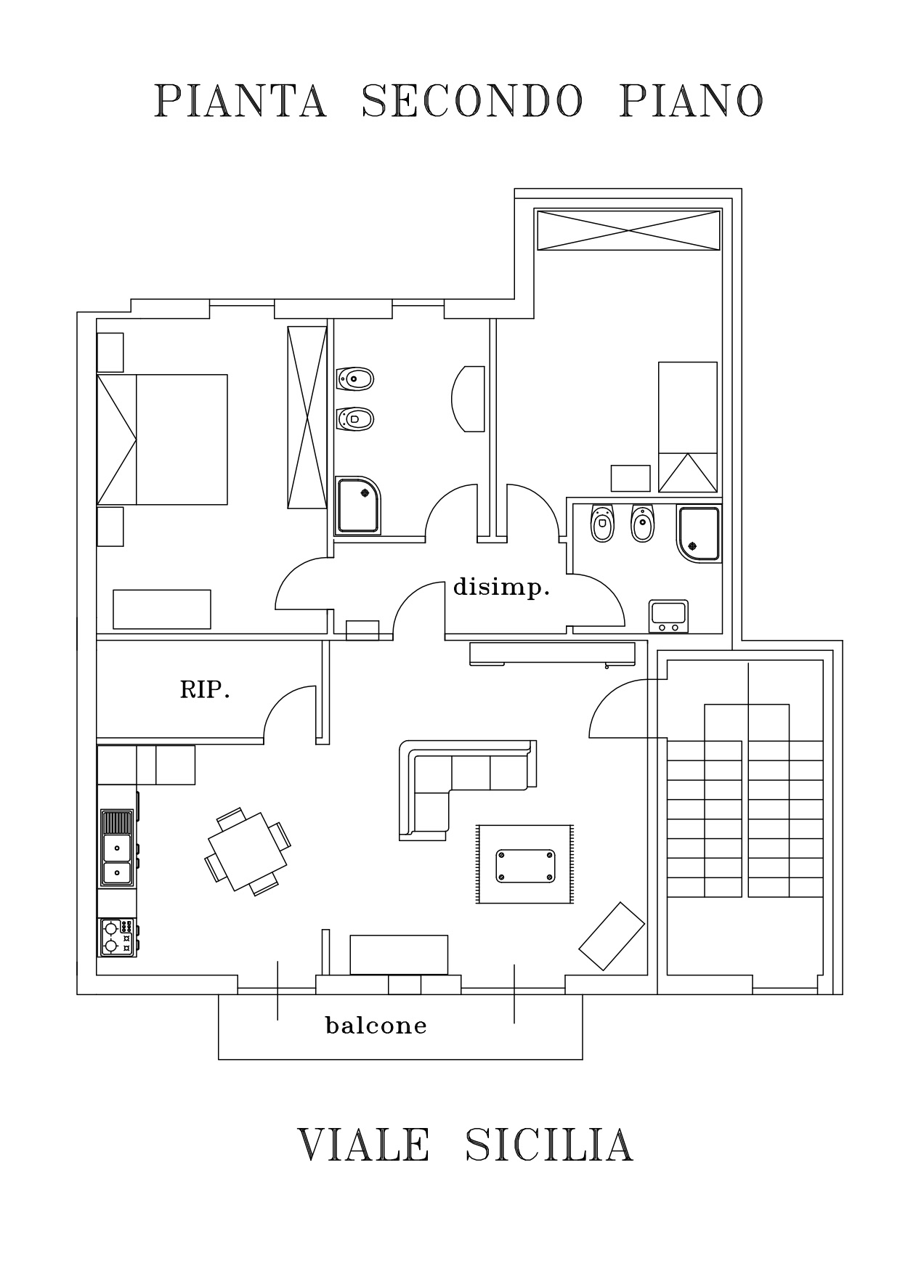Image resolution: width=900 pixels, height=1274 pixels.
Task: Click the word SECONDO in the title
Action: click(471, 100)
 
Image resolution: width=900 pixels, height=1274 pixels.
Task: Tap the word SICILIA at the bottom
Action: click(548, 1145)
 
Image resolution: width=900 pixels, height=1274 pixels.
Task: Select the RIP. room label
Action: click(205, 690)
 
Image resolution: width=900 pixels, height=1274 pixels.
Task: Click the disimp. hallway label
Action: click(501, 588)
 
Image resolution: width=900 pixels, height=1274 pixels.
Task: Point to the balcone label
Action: click(376, 1026)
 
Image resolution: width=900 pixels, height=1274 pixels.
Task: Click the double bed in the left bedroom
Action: click(162, 439)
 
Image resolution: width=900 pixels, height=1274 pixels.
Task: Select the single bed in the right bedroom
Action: click(687, 427)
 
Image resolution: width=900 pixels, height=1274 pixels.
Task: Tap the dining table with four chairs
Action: click(248, 851)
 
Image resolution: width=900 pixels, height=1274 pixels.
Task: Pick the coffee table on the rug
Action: click(525, 865)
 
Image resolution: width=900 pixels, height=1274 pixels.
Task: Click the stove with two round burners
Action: click(117, 938)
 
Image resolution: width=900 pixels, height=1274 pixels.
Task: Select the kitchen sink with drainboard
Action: click(117, 848)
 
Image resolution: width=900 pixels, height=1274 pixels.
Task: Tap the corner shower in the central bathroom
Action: click(357, 506)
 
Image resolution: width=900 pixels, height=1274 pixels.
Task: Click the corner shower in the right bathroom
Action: click(699, 534)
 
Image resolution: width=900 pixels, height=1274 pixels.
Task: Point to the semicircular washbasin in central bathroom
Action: click(468, 399)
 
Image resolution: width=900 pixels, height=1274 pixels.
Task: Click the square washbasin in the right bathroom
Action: click(668, 616)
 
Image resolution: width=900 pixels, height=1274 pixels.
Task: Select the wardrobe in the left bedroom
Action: click(307, 418)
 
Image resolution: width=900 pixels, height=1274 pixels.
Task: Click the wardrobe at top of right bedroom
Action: click(628, 230)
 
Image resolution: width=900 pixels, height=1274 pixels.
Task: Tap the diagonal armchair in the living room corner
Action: click(612, 936)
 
